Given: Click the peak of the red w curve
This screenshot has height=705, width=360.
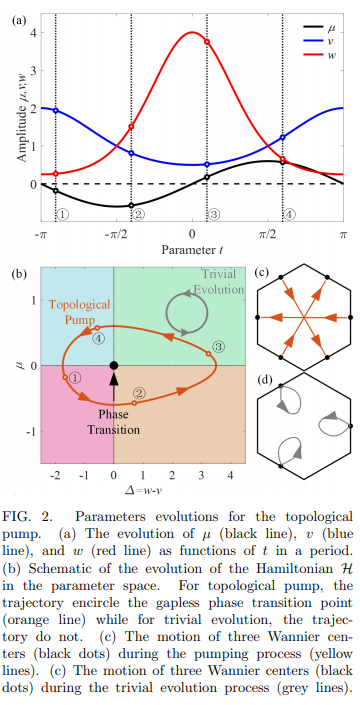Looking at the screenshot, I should click(x=193, y=33).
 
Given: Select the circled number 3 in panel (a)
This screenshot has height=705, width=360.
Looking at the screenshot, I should click(x=213, y=213).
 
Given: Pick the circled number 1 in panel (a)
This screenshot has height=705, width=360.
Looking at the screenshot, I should click(x=62, y=213).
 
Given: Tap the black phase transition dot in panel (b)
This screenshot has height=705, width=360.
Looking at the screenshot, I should click(x=114, y=366).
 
